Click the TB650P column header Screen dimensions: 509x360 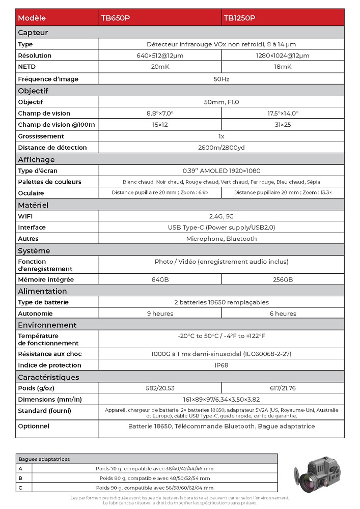point(116,18)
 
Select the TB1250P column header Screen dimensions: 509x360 point(239,18)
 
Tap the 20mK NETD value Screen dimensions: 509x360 point(160,67)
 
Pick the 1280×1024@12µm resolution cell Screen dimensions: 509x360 point(283,55)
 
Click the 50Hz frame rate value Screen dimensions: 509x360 point(221,79)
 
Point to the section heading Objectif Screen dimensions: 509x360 point(33,91)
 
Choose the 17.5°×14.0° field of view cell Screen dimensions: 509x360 point(283,114)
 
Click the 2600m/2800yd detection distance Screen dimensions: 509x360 point(221,148)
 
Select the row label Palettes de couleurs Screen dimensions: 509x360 point(49,182)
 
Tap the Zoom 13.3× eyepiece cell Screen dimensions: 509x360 point(283,193)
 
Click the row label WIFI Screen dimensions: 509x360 point(25,216)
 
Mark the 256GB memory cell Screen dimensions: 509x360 point(283,280)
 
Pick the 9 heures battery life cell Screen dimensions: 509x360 point(160,314)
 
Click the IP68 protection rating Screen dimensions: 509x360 point(221,365)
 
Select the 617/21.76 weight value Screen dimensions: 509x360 point(283,388)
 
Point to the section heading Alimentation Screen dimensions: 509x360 point(42,291)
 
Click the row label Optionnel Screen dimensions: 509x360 point(34,426)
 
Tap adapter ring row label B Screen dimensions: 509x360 point(20,478)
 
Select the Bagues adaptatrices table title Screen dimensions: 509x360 point(44,459)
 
